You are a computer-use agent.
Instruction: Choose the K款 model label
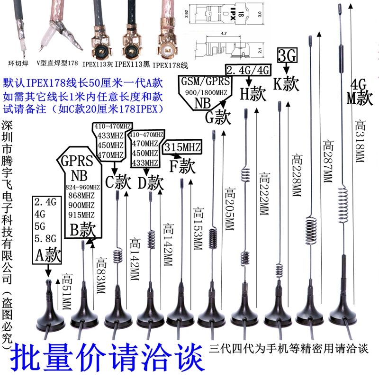coord(287,84)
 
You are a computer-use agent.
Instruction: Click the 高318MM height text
coord(360,142)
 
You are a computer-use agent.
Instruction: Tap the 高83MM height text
coord(100,277)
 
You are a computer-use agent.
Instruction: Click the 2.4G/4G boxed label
coord(248,71)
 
